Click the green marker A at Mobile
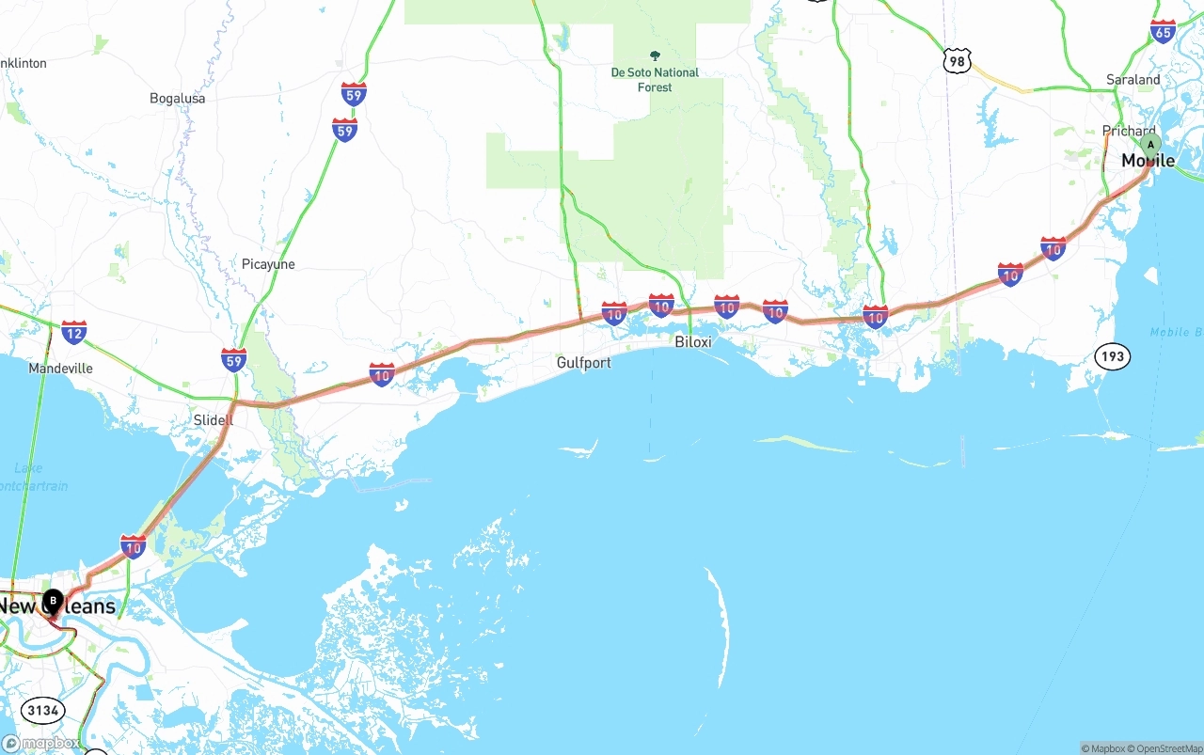coord(1150,146)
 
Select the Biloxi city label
coord(693,342)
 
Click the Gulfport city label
coord(583,363)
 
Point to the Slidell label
coord(213,420)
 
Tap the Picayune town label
coord(268,264)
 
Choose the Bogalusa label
coord(177,98)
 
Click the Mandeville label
coord(60,369)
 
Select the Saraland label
coord(1133,80)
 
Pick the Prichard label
coord(1128,132)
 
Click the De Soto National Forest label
coord(655,80)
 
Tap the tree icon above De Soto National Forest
coord(655,55)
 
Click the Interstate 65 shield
coord(1163,31)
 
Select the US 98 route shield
coord(957,62)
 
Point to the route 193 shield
coord(1112,356)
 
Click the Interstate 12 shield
coord(74,331)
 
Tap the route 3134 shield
coord(43,710)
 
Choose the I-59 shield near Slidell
coord(234,359)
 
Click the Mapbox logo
coord(40,743)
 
